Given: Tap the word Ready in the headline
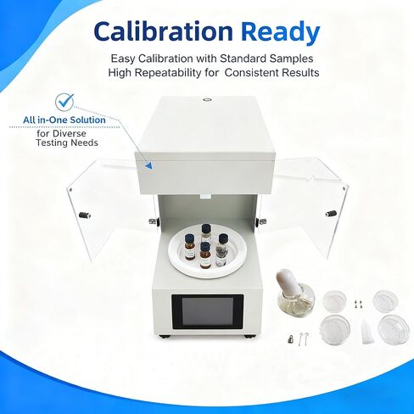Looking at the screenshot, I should click(280, 31).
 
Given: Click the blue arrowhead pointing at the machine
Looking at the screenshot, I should click(148, 165).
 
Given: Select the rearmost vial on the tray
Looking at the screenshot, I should click(206, 232).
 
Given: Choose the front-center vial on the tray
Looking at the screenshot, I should click(205, 255).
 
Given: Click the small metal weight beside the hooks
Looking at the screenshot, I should click(291, 339).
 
